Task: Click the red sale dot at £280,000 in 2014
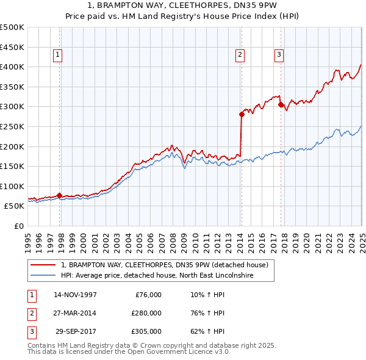pyautogui.click(x=242, y=114)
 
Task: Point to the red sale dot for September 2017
pyautogui.click(x=281, y=104)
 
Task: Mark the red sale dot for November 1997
pyautogui.click(x=59, y=195)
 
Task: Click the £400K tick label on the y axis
pyautogui.click(x=12, y=67)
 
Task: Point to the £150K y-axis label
pyautogui.click(x=12, y=166)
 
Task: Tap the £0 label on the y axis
pyautogui.click(x=19, y=226)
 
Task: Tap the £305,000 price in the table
pyautogui.click(x=146, y=331)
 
